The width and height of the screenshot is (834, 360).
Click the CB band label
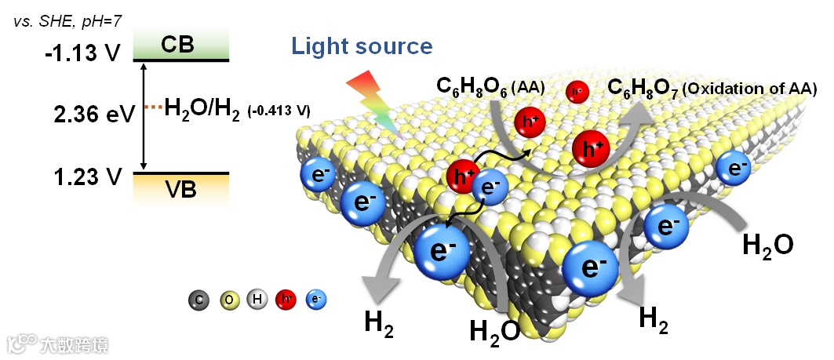tap(181, 45)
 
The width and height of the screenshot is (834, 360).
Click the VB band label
tap(180, 189)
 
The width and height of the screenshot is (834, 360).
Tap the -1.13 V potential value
tap(82, 53)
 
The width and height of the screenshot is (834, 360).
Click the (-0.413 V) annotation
tap(279, 111)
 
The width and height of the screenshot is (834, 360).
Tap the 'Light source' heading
tap(362, 46)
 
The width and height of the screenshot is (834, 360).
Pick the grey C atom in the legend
tap(198, 299)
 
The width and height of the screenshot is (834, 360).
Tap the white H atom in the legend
tap(256, 299)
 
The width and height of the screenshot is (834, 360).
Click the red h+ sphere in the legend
tap(285, 299)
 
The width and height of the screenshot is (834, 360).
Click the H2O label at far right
tap(767, 244)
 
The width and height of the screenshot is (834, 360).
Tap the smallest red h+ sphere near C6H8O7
tap(577, 92)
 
